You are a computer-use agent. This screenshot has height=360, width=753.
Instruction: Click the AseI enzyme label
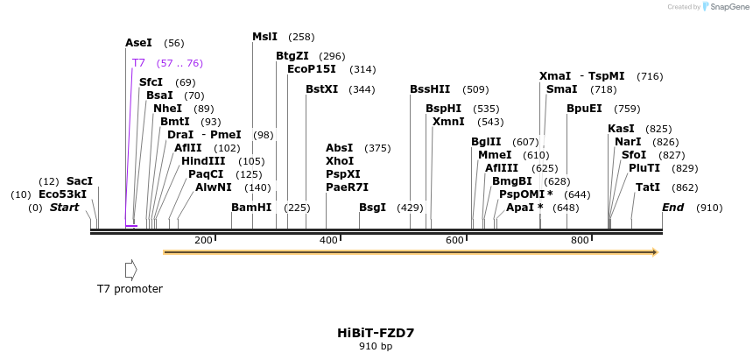coord(138,43)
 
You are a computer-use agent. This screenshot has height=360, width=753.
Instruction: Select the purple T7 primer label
coord(138,63)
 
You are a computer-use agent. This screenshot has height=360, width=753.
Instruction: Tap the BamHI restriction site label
coord(251,208)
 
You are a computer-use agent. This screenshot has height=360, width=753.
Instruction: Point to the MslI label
coord(264,37)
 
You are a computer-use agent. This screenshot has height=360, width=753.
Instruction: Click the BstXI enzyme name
coord(321,89)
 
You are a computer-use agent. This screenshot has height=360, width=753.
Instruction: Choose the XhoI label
coord(340,161)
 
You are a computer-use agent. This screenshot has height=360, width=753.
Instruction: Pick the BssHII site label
coord(430,89)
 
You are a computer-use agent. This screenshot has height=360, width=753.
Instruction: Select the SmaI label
coord(561,89)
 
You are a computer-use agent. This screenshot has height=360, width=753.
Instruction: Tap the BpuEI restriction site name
coord(584,109)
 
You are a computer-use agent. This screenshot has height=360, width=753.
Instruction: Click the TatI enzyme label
coord(648,187)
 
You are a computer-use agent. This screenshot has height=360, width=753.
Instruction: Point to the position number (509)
coord(475,89)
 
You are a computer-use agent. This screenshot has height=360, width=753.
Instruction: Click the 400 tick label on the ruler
coord(329,240)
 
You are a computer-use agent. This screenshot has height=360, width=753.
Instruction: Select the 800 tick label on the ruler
coord(580,240)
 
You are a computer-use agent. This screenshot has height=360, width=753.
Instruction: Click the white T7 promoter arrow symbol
coord(130,269)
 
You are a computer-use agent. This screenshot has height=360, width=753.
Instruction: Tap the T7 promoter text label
coord(130,289)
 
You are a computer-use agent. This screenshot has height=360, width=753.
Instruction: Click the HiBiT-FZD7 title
coord(376,333)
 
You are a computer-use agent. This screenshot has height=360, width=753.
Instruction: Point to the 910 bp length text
coord(376,347)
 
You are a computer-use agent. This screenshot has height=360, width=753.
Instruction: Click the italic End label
coord(672,208)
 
